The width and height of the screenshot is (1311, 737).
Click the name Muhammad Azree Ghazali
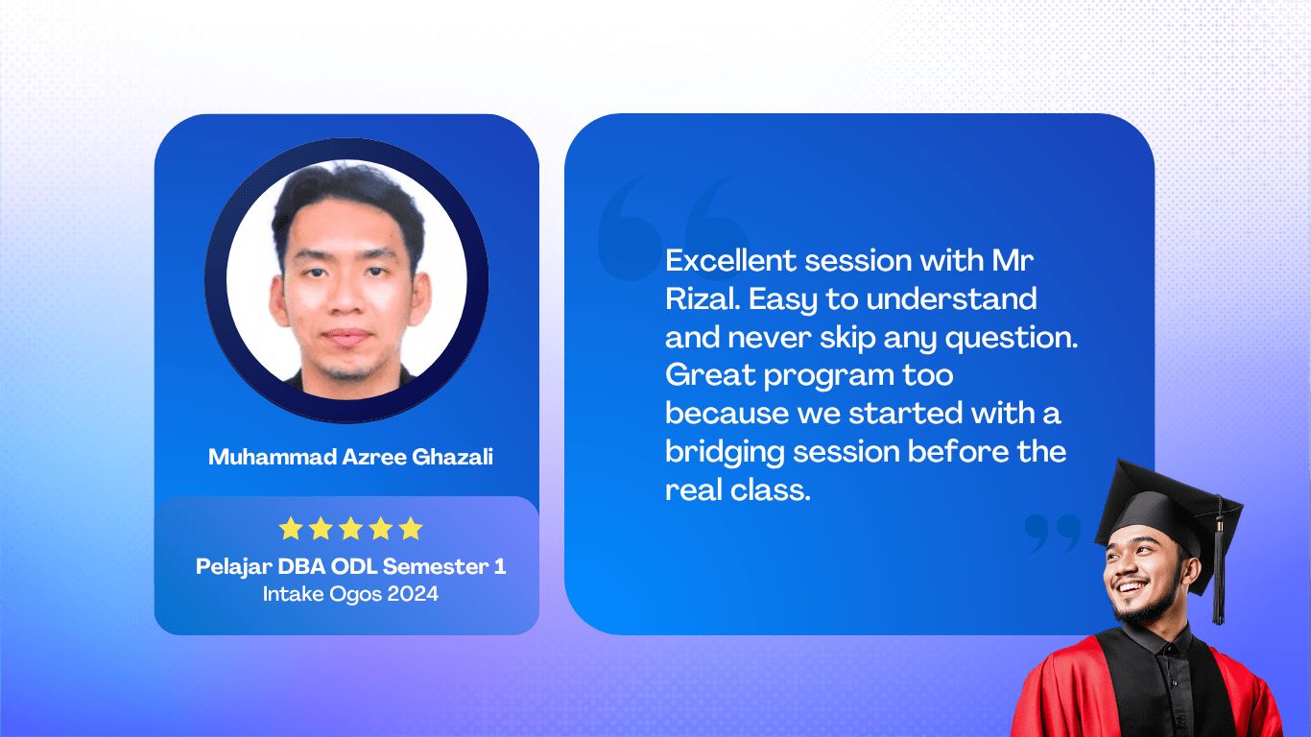coord(350,457)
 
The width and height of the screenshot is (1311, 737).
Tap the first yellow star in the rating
coord(291,529)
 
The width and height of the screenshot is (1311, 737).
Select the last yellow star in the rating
coord(411,529)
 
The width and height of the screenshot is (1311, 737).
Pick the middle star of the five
coord(350,529)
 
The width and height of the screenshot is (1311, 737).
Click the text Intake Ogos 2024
coord(350,594)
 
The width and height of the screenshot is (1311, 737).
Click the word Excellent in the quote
coord(730,260)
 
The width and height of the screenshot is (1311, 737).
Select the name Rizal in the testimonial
coord(703,299)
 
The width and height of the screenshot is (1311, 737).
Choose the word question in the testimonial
coord(1012,339)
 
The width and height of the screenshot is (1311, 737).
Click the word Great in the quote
coord(710,375)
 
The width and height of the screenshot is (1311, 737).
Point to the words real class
coord(738,490)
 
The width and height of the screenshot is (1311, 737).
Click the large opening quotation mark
coord(673,226)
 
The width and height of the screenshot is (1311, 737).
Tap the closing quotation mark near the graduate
coord(1052,534)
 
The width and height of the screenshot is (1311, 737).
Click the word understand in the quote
coord(952,299)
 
